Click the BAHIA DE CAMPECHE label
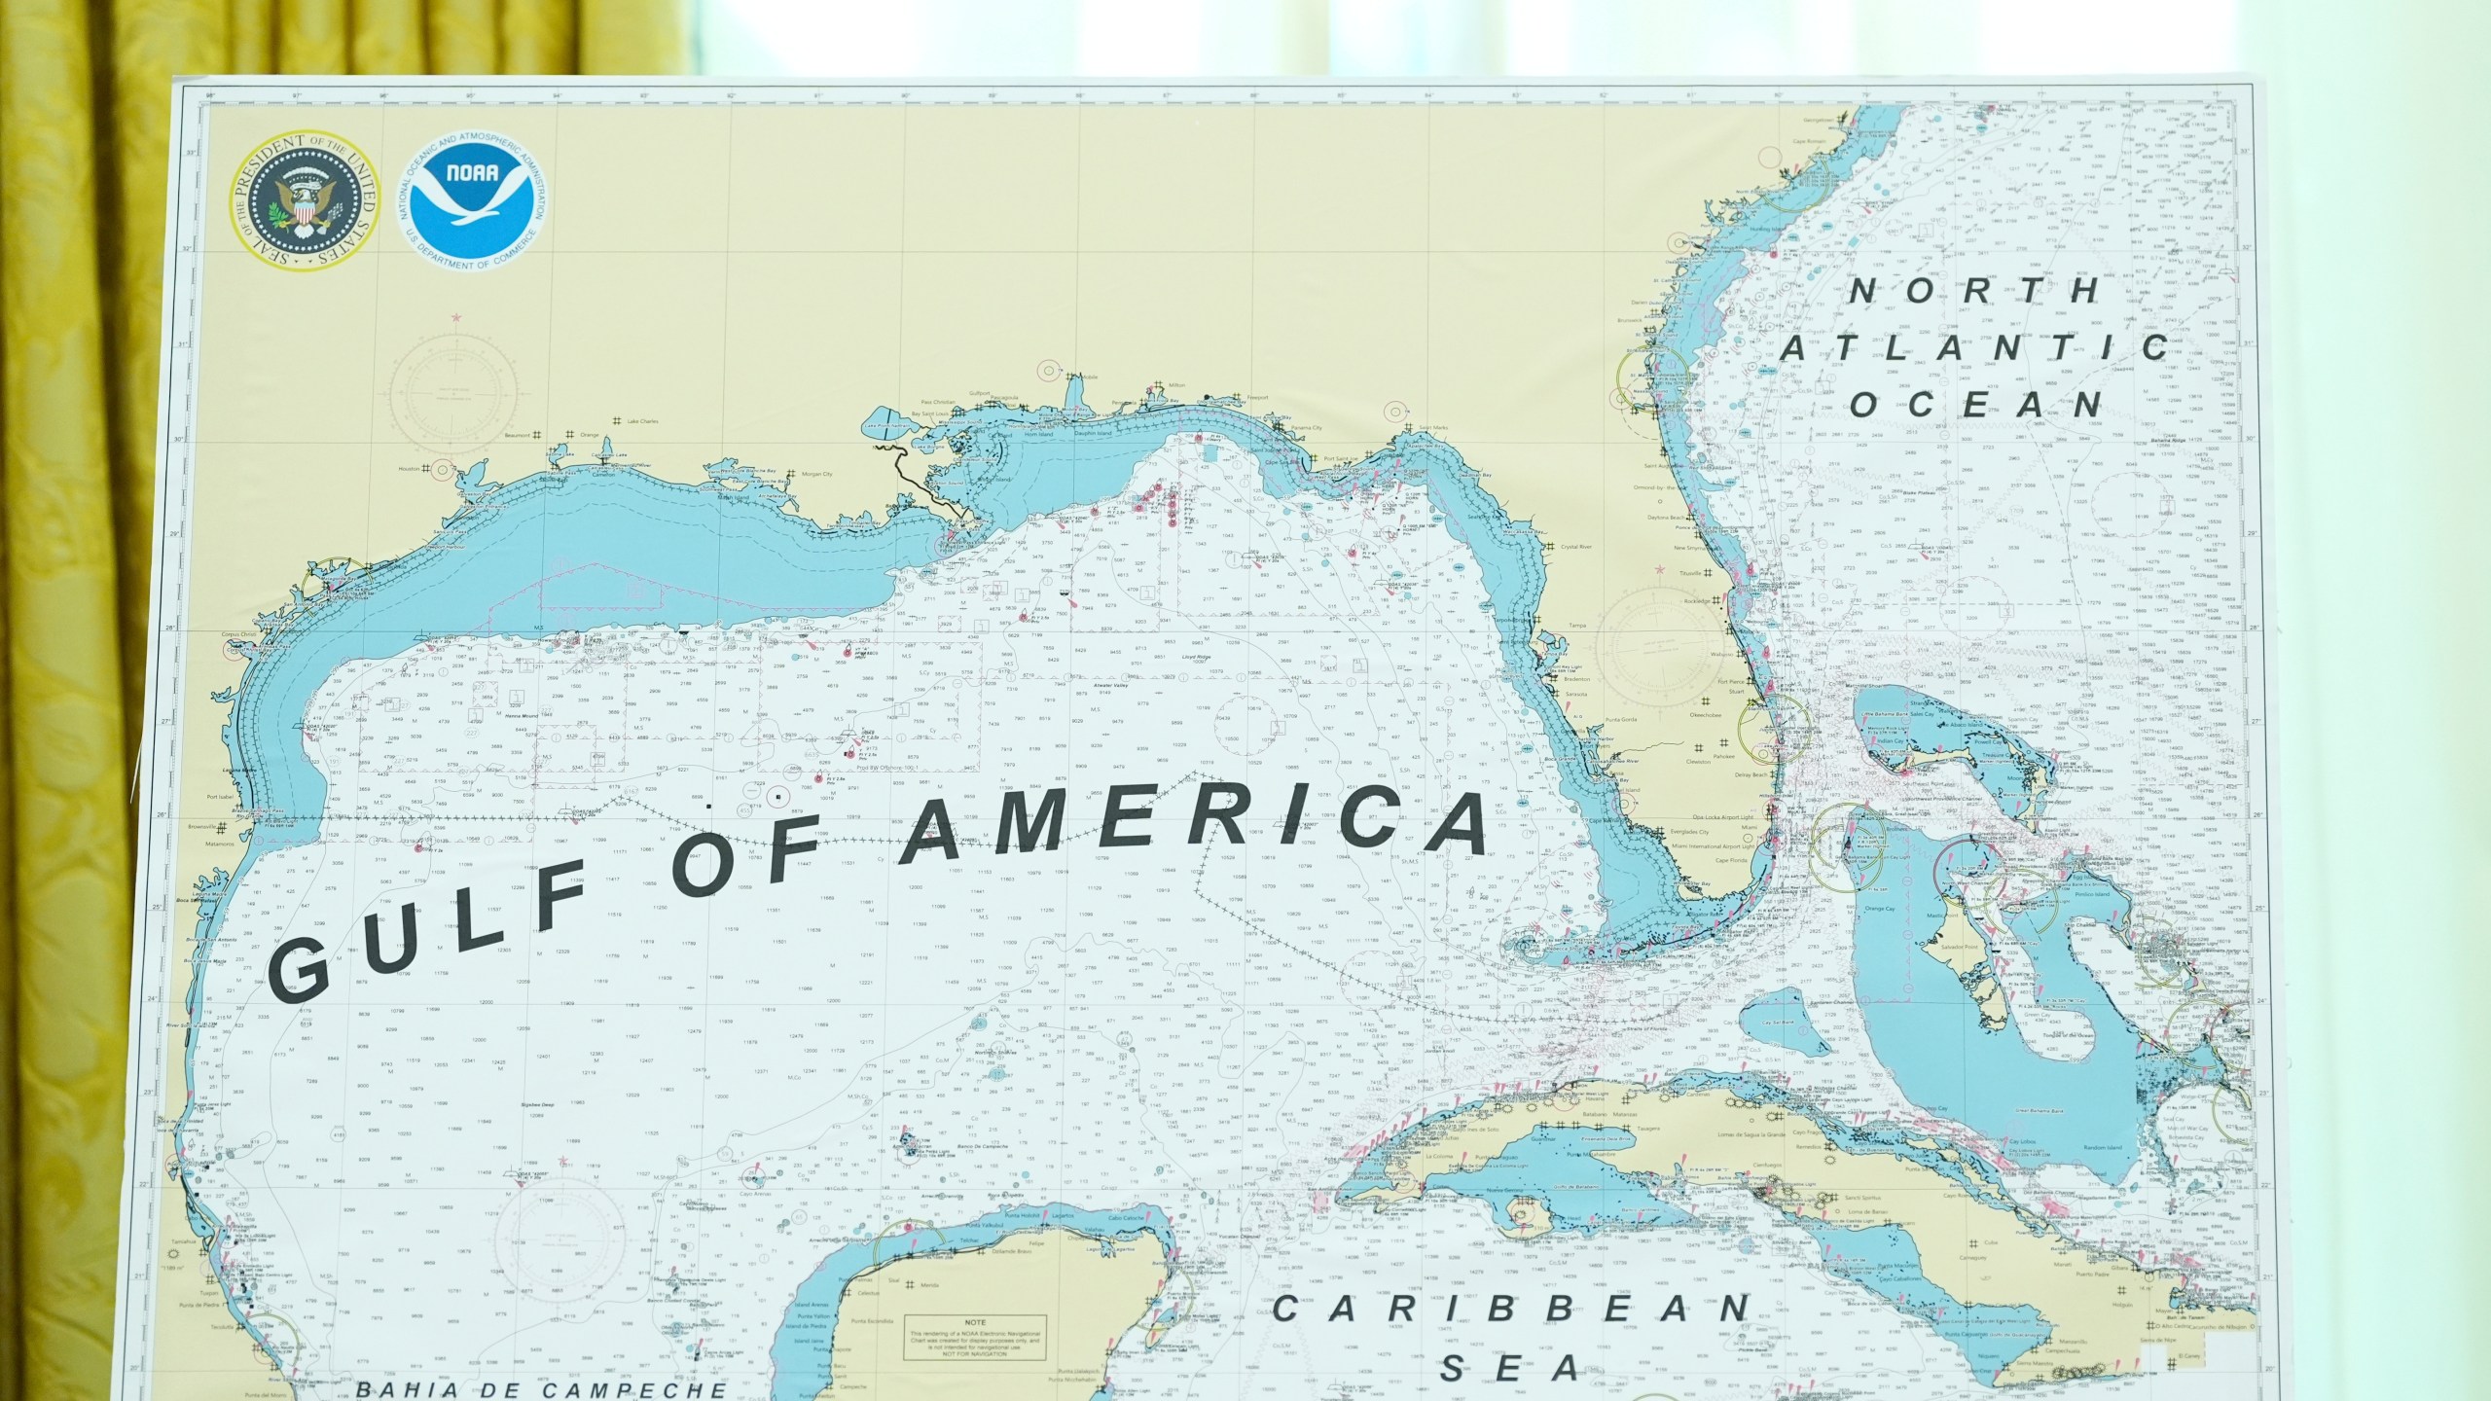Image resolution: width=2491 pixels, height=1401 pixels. tap(540, 1390)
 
